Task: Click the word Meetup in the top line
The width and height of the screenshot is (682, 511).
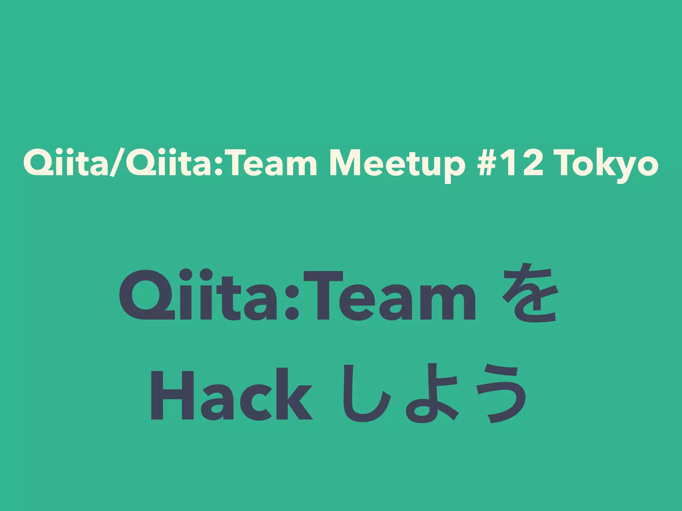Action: (x=397, y=164)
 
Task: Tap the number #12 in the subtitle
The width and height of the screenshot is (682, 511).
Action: (x=510, y=164)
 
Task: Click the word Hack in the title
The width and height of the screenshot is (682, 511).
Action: (x=231, y=394)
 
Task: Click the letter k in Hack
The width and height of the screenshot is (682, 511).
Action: (x=293, y=394)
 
